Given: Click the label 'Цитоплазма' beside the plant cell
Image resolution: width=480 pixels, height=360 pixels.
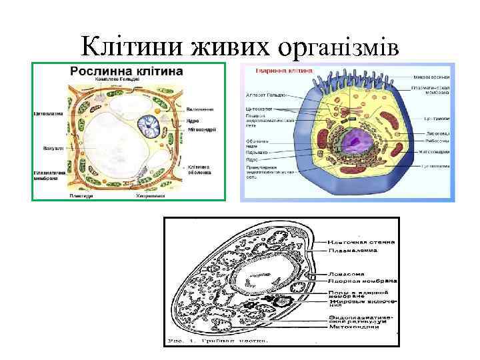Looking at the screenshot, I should pyautogui.click(x=48, y=113).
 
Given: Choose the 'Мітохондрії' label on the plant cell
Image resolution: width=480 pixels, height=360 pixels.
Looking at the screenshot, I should pyautogui.click(x=201, y=129).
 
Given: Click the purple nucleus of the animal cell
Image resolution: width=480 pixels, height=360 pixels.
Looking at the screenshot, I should pyautogui.click(x=354, y=141).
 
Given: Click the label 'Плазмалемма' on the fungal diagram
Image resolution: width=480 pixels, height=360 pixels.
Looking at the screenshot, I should pyautogui.click(x=352, y=251).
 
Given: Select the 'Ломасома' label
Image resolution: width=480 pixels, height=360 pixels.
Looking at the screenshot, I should pyautogui.click(x=345, y=273).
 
